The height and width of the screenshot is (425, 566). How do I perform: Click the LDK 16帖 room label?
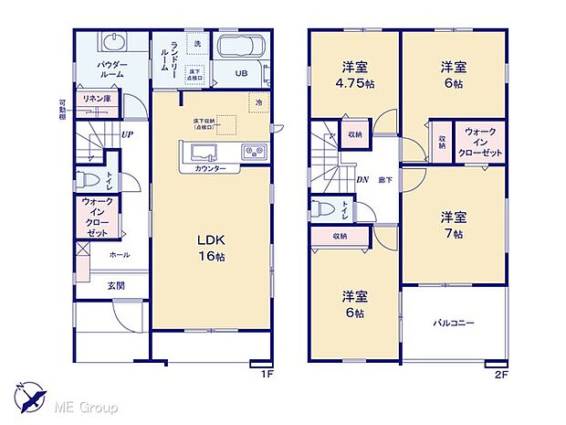[211, 248]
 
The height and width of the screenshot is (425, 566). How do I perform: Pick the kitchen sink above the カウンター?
[203, 152]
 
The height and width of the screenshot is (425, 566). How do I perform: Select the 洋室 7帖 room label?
[454, 225]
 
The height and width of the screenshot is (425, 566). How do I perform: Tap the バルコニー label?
[453, 323]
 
